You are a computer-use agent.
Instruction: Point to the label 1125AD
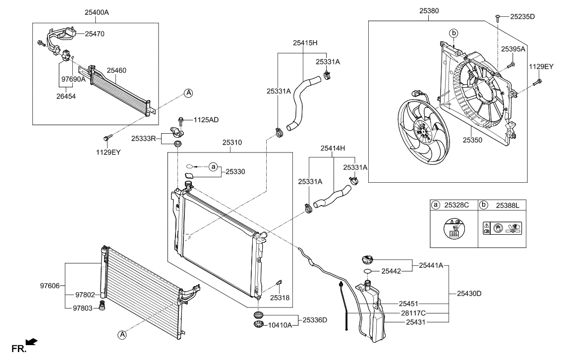(206, 120)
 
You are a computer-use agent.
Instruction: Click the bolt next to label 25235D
(497, 17)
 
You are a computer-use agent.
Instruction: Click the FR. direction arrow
(31, 341)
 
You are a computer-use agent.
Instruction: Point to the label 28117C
(412, 313)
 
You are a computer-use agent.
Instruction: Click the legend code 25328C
(455, 205)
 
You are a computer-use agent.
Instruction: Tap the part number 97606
(50, 285)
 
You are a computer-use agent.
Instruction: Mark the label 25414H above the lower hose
(333, 148)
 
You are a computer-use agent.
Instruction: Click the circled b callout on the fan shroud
(453, 33)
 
